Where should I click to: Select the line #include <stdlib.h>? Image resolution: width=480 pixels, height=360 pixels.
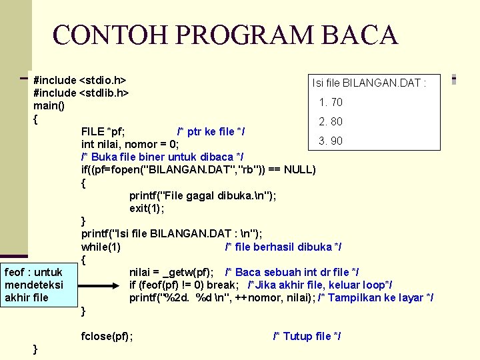pyautogui.click(x=81, y=92)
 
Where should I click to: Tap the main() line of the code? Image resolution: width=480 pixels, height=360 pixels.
pyautogui.click(x=49, y=105)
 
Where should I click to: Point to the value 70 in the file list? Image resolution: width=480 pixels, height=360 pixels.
pyautogui.click(x=336, y=102)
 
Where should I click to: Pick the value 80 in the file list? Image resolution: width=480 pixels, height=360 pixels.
pyautogui.click(x=336, y=121)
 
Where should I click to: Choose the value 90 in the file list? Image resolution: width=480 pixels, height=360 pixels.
pyautogui.click(x=336, y=141)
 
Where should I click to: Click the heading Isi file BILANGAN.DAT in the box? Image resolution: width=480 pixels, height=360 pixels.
pyautogui.click(x=369, y=83)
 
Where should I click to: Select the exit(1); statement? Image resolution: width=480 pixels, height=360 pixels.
pyautogui.click(x=147, y=208)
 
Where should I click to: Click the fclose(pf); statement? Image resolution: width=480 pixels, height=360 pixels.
pyautogui.click(x=107, y=336)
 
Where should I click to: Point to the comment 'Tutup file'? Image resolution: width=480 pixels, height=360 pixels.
pyautogui.click(x=307, y=336)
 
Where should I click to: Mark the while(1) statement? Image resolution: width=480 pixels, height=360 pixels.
pyautogui.click(x=101, y=247)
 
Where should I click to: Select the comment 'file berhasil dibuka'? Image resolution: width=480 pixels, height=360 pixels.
pyautogui.click(x=283, y=247)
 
